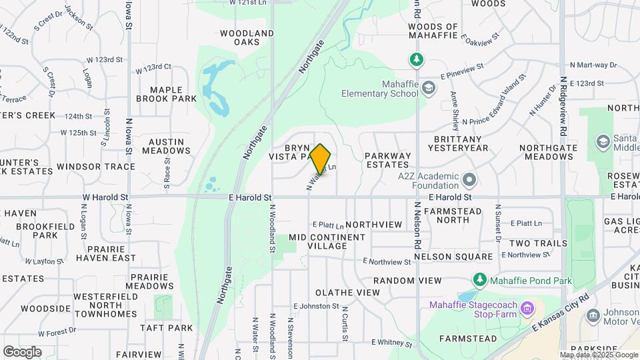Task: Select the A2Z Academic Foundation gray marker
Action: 470,179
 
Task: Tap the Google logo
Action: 22,351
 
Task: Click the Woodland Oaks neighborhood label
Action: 247,37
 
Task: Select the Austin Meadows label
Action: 169,146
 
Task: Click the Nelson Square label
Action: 453,257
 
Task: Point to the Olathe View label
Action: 347,293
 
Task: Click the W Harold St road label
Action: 105,197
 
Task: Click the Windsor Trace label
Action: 92,166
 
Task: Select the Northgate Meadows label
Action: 547,152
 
